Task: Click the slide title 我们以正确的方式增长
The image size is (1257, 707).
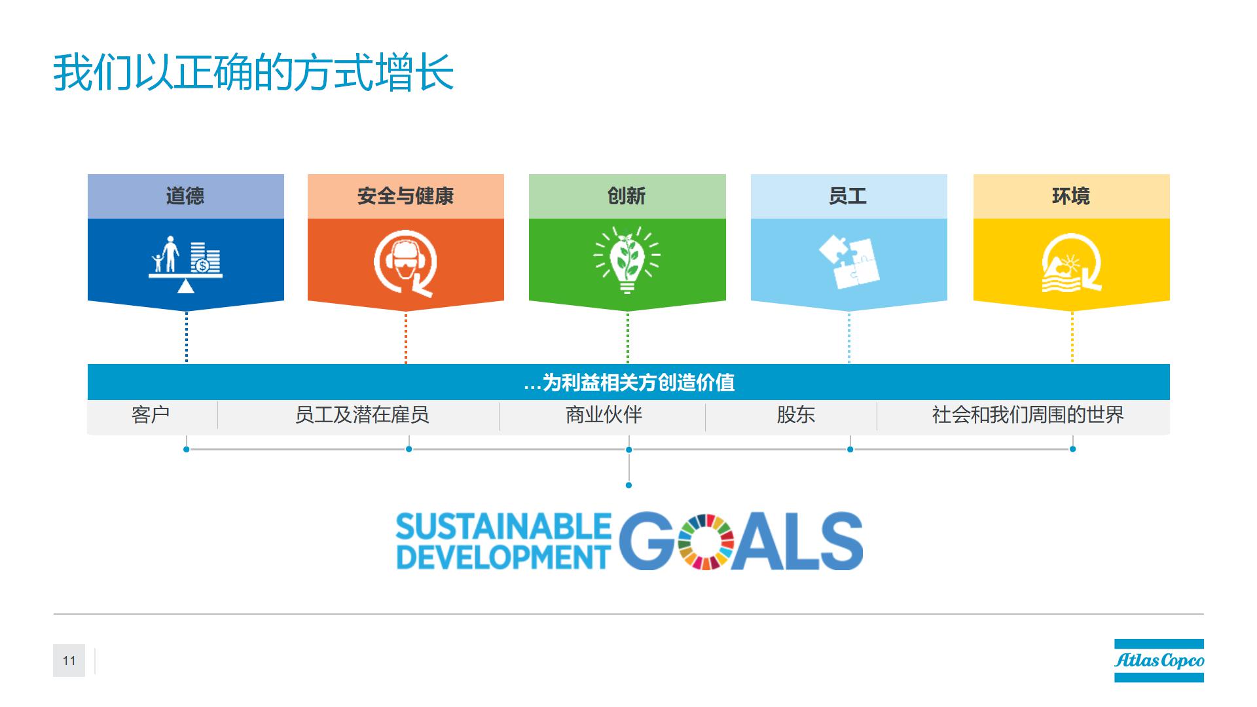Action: pos(253,73)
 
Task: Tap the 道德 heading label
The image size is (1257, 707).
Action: pos(185,196)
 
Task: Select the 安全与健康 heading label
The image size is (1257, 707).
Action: pos(406,196)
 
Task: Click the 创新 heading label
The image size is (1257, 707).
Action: pos(627,196)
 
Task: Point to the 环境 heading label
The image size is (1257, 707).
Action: pos(1071,196)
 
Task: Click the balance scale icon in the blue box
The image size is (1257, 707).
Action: pos(185,264)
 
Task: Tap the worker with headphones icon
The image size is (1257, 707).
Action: pos(406,263)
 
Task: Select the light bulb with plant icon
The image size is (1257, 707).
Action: pos(627,260)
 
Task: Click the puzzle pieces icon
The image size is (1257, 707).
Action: pos(849,262)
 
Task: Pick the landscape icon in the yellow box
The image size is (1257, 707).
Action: pos(1072,263)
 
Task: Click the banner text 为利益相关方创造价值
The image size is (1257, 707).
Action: pos(638,382)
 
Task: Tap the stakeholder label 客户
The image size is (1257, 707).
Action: pos(151,414)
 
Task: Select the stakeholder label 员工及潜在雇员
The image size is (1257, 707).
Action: pos(362,414)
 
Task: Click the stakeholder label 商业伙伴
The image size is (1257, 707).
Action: pos(604,414)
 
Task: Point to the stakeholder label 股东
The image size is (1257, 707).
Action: pos(795,414)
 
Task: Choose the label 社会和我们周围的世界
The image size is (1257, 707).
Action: pos(1028,414)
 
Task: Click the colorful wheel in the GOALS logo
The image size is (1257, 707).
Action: pos(706,541)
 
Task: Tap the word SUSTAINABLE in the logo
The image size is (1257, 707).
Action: pos(503,527)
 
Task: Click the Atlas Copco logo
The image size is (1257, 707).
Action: pos(1159,661)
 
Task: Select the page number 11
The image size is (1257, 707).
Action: pos(69,661)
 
